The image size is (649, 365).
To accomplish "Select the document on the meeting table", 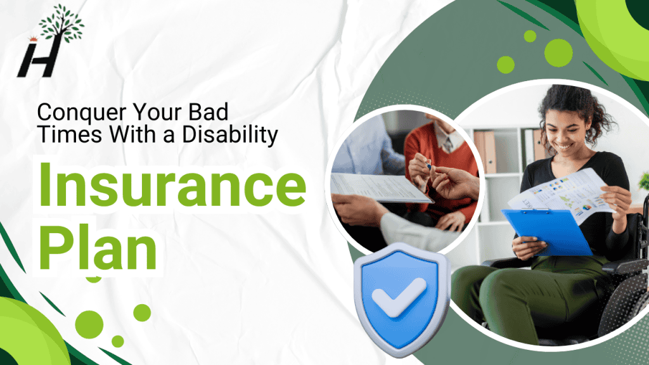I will click(x=374, y=187).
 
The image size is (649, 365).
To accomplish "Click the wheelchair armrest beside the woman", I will click(x=624, y=266).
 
